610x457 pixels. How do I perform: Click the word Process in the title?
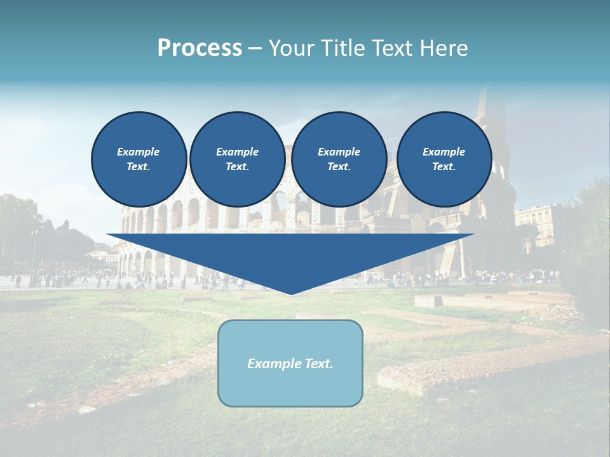pyautogui.click(x=200, y=48)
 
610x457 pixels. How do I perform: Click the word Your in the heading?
pyautogui.click(x=290, y=48)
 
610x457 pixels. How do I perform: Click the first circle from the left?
pyautogui.click(x=139, y=159)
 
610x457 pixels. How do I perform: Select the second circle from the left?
pyautogui.click(x=237, y=159)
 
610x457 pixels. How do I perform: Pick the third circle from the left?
pyautogui.click(x=339, y=159)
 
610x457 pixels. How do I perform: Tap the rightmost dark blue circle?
pyautogui.click(x=444, y=159)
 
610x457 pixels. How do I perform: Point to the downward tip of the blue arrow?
pyautogui.click(x=290, y=293)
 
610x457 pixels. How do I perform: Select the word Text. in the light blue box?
pyautogui.click(x=320, y=364)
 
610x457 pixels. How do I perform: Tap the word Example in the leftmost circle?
pyautogui.click(x=139, y=152)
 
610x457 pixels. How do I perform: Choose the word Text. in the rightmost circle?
pyautogui.click(x=444, y=167)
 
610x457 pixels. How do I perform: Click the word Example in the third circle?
pyautogui.click(x=339, y=152)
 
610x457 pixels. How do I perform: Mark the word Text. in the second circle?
pyautogui.click(x=237, y=167)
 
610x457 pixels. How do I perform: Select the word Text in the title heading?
pyautogui.click(x=391, y=48)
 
